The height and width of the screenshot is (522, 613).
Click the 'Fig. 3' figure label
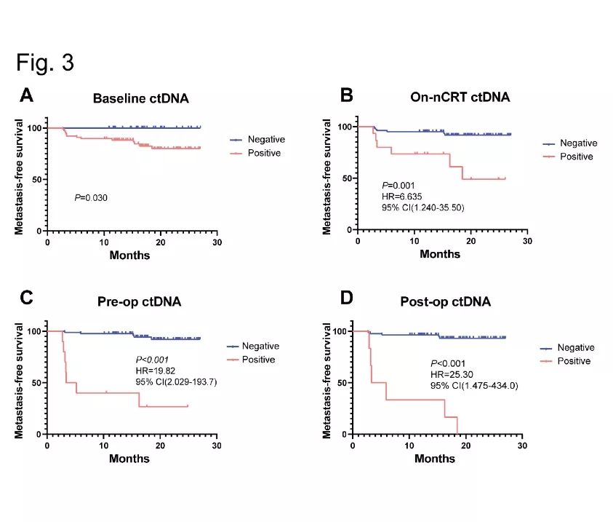click(x=45, y=63)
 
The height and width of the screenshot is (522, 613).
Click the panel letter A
click(x=26, y=95)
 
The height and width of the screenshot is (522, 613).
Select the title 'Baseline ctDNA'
click(x=140, y=99)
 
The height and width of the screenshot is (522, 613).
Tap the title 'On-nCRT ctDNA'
click(x=446, y=98)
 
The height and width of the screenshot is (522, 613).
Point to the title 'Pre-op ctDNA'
click(x=140, y=302)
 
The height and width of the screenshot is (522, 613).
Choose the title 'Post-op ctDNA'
click(x=446, y=302)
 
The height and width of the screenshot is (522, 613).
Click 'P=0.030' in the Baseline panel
click(x=92, y=197)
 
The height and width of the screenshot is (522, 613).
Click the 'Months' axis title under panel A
click(x=129, y=255)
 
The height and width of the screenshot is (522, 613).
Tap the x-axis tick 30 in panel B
click(x=527, y=241)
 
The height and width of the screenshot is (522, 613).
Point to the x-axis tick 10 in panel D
click(x=409, y=445)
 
